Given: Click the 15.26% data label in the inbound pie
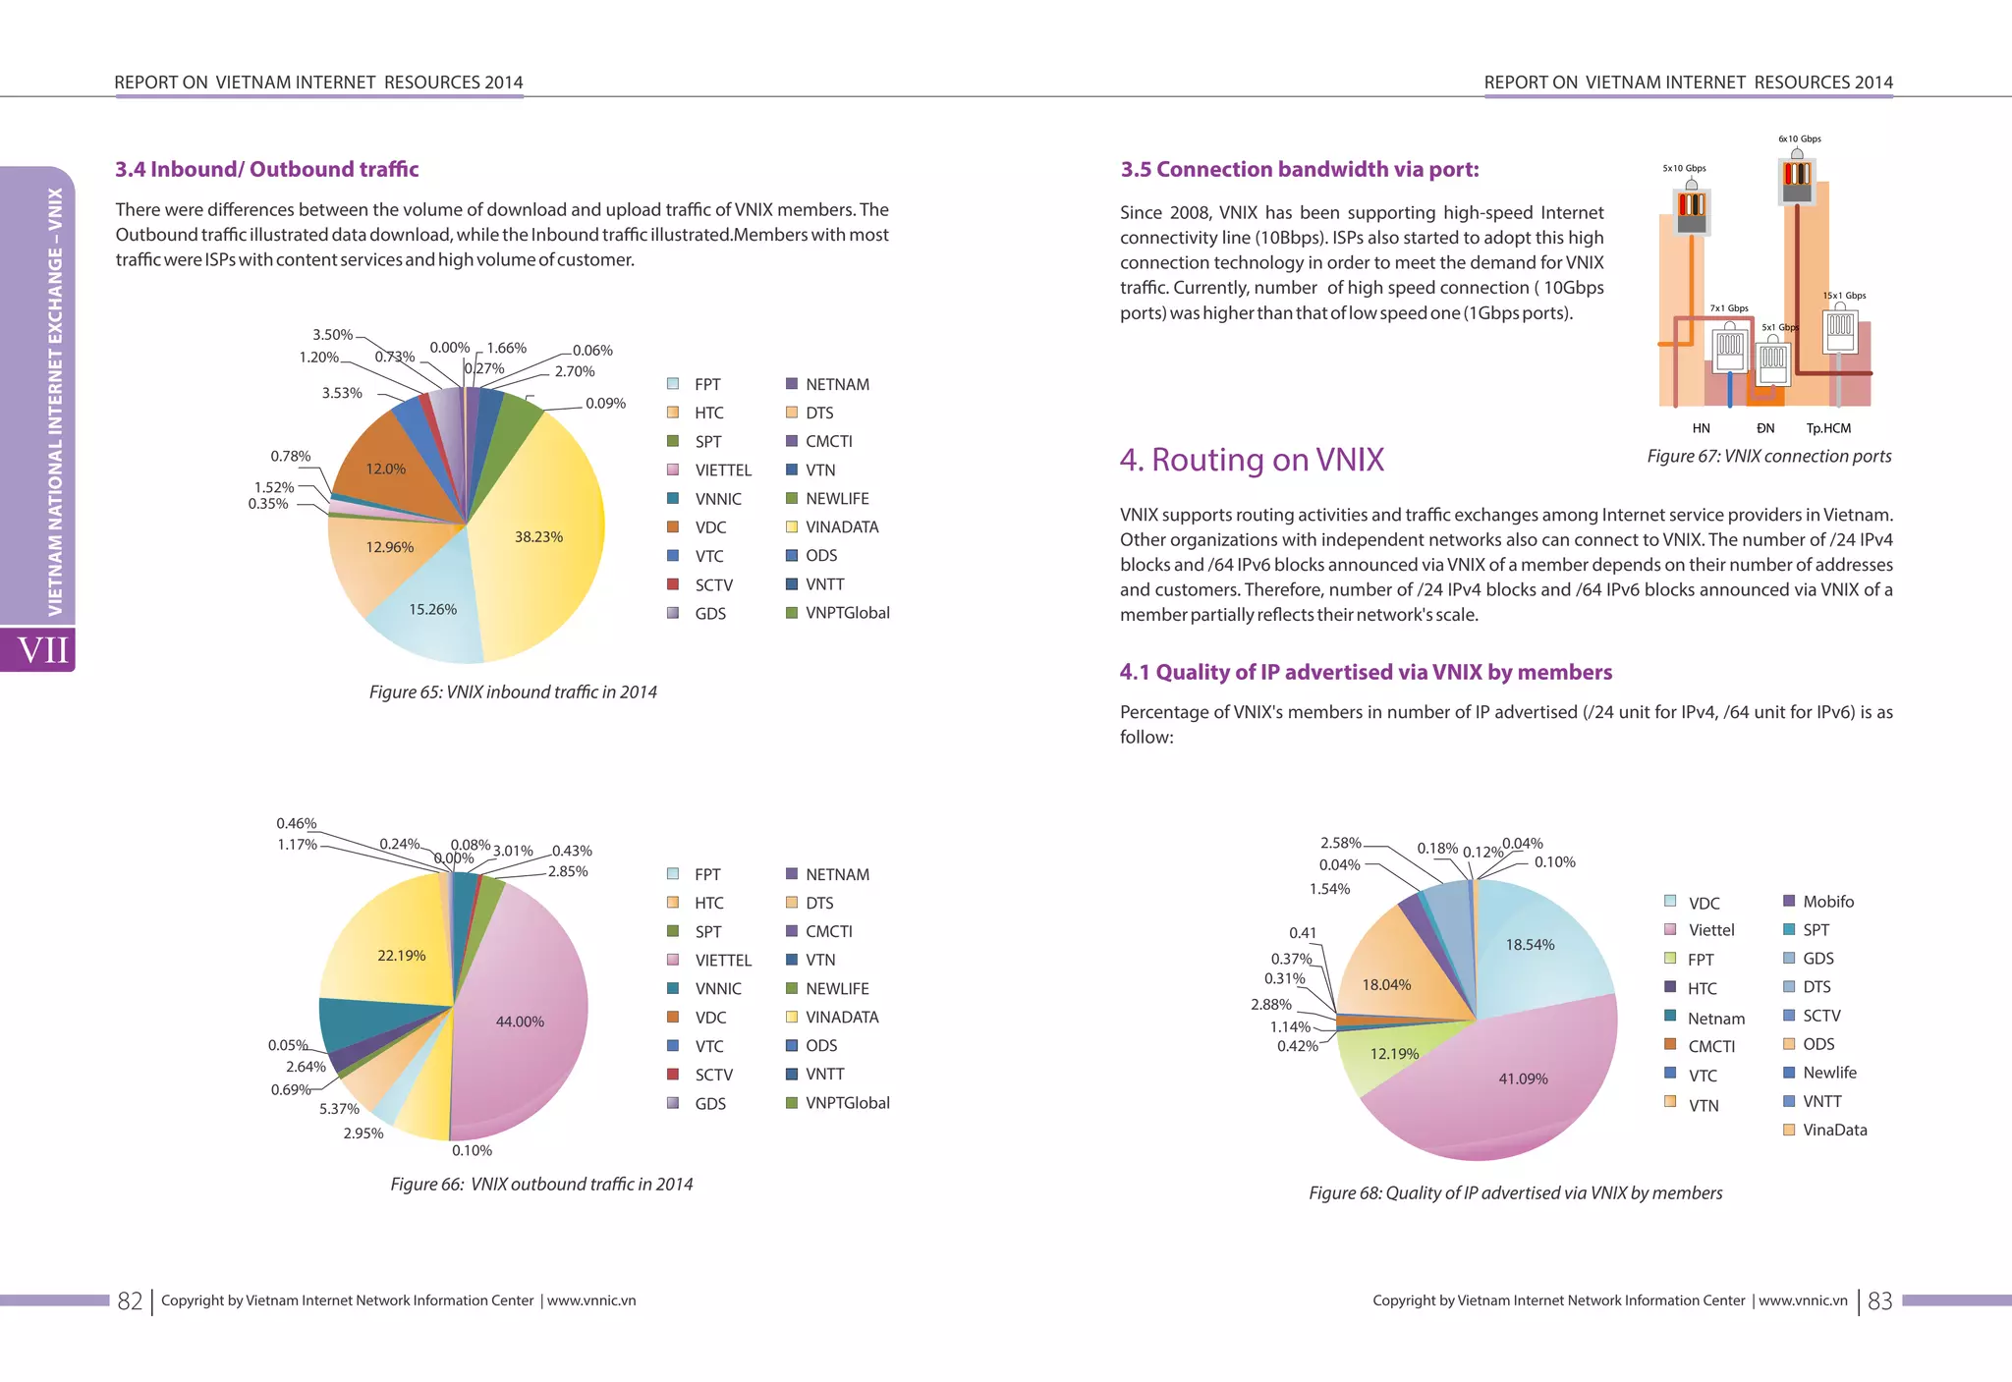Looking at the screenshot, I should pos(432,609).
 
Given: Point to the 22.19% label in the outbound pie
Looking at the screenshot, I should pos(401,955).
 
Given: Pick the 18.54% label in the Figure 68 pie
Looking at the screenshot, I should pos(1530,945).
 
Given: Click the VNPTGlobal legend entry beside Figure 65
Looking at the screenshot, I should pos(847,613).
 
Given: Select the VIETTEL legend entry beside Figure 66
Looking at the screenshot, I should pos(723,960).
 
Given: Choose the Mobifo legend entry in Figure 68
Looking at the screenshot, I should pos(1827,902).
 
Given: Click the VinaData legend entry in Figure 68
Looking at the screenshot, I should pos(1834,1130).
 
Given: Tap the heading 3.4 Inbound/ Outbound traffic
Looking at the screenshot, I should pos(267,169).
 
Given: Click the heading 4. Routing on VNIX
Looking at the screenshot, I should pos(1252,460).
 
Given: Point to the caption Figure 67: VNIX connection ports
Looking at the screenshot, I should pos(1768,456).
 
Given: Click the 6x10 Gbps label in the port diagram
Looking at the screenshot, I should pos(1799,138).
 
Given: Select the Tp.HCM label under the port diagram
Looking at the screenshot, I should pos(1828,428).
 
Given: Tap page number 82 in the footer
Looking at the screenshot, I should pos(130,1300).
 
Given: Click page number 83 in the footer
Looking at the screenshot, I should pos(1879,1300).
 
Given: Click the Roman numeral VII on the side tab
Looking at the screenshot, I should pos(43,649).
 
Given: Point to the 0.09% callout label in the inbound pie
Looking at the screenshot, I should pos(605,403).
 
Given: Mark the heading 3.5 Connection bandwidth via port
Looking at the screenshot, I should pos(1300,169).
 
